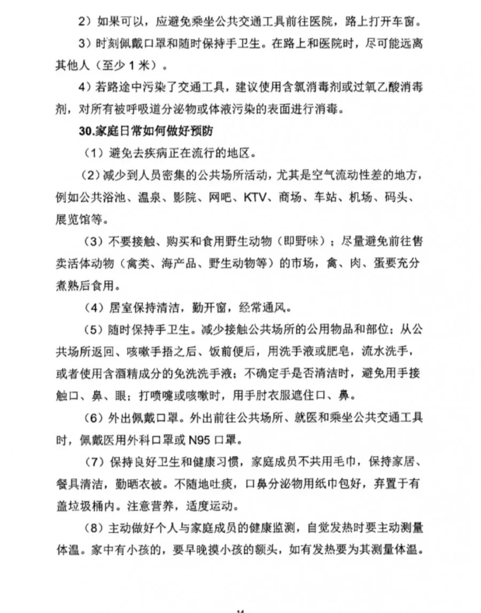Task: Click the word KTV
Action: click(x=256, y=197)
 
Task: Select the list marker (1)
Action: click(x=96, y=152)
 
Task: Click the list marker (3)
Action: click(x=96, y=242)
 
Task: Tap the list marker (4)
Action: click(x=96, y=308)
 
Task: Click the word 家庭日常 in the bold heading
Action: click(x=116, y=130)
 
